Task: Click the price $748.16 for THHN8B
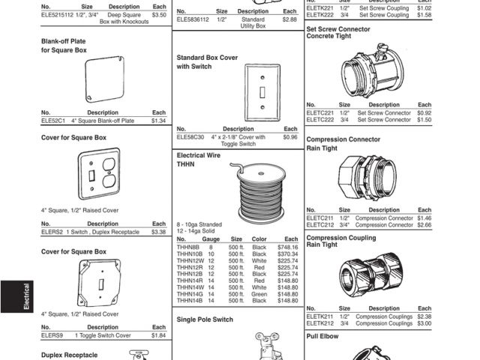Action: click(287, 247)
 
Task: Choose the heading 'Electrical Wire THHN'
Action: click(199, 160)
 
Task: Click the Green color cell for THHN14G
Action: click(259, 295)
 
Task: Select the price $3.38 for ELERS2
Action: click(158, 232)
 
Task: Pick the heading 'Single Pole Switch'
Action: click(204, 319)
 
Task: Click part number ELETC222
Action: click(321, 119)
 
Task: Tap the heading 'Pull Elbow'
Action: click(323, 337)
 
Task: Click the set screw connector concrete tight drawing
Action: click(368, 70)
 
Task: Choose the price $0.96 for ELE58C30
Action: click(289, 137)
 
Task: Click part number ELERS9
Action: click(52, 335)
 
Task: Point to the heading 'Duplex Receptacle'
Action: click(69, 355)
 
